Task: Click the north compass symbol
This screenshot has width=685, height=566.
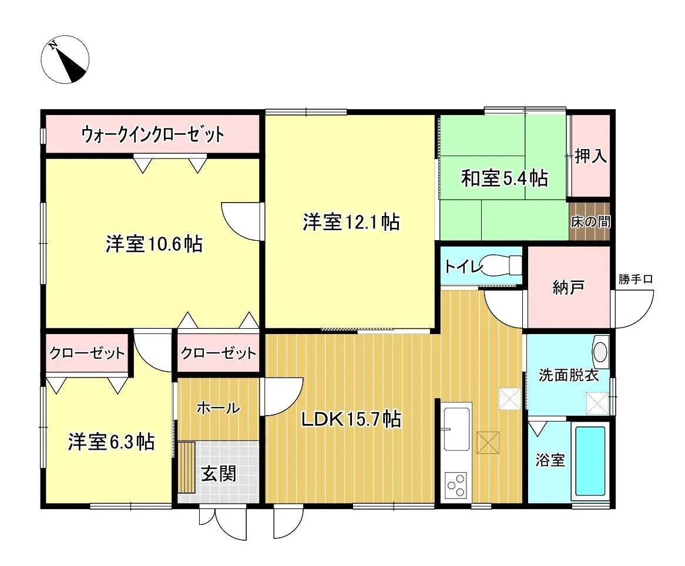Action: point(65,59)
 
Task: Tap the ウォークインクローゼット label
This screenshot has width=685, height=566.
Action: point(153,134)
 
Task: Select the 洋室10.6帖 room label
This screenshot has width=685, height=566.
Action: point(154,244)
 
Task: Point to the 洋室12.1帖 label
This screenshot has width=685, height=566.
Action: point(351,222)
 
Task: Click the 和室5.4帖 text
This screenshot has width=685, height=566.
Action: point(505,178)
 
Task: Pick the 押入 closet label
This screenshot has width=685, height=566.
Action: point(590,156)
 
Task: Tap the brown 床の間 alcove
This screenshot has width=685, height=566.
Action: point(590,221)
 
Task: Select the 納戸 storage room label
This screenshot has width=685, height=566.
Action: point(568,287)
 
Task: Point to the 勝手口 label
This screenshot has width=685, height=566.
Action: point(635,279)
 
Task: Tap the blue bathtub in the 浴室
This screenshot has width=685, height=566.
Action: point(590,461)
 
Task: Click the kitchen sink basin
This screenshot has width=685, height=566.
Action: point(456,429)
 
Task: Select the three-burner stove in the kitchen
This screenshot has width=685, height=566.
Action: point(456,486)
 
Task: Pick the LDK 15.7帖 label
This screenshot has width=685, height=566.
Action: point(351,420)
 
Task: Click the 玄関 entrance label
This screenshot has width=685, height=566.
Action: point(219,473)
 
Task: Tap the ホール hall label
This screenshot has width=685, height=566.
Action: point(218,408)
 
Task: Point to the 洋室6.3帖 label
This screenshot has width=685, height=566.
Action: point(111,442)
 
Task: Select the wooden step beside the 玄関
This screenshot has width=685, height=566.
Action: point(187,467)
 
